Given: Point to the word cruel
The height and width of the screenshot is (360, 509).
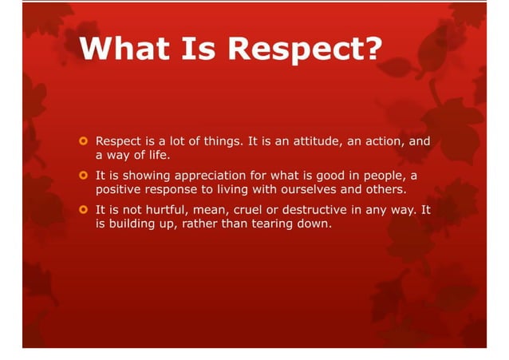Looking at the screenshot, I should [x=258, y=209].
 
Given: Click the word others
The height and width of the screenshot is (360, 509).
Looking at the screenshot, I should [x=379, y=189].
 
